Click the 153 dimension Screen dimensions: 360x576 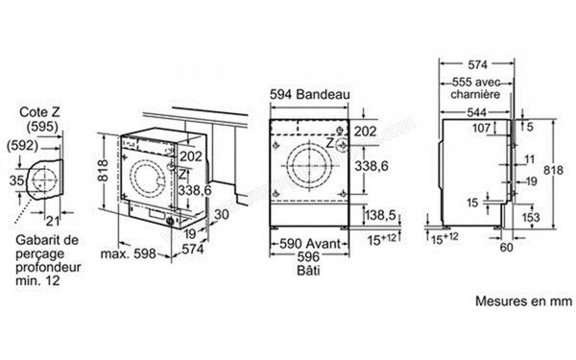point(530,218)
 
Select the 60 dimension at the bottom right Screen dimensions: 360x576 point(506,247)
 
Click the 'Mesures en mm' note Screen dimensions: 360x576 point(521,300)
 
